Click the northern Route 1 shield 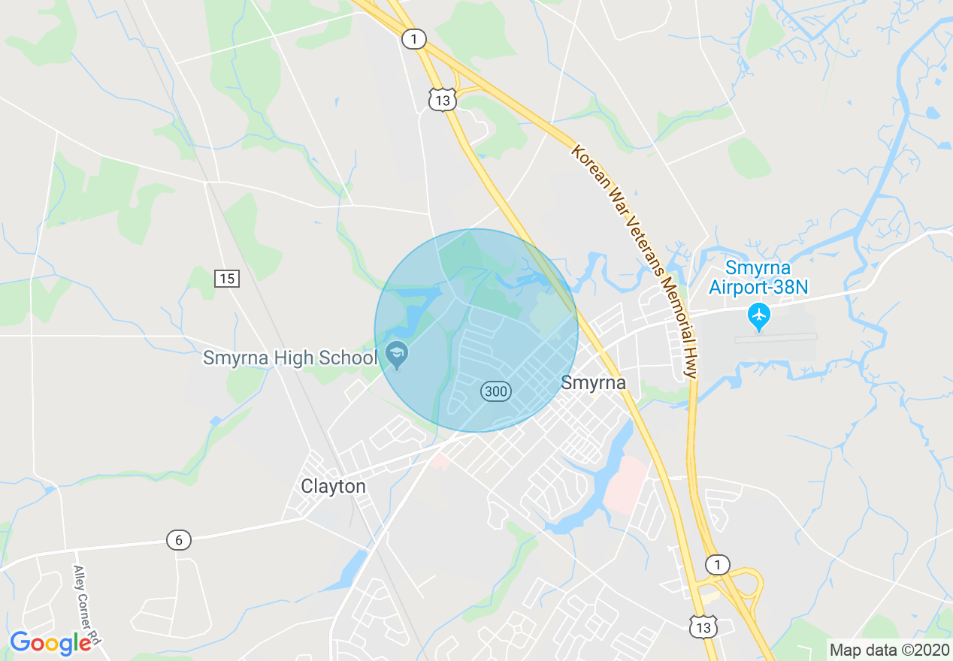point(413,39)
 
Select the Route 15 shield point(226,279)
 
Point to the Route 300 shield point(496,391)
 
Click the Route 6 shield point(178,539)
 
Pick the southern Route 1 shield point(718,565)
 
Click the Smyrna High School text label point(289,358)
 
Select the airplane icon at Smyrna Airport point(760,316)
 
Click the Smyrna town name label point(594,383)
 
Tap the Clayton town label point(333,486)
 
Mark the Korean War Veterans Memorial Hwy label point(636,259)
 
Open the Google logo point(51,643)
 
